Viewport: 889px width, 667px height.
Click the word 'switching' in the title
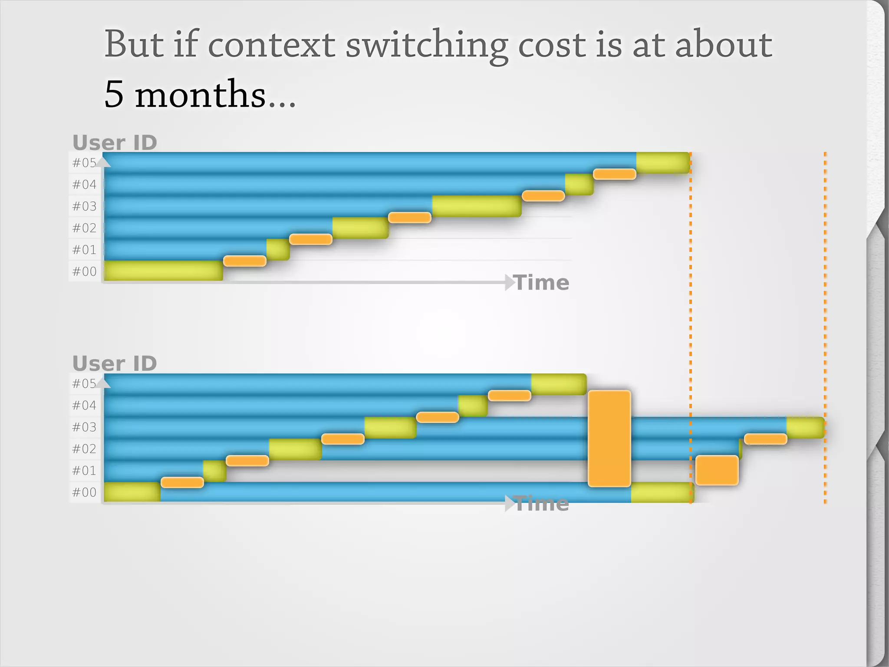427,45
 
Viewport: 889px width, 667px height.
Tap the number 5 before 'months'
114,94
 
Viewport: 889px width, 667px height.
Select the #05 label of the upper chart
84,163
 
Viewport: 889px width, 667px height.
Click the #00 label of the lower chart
84,492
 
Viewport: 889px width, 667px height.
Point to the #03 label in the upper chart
84,206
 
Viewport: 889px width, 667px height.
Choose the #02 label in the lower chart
84,449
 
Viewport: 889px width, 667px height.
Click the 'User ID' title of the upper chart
115,142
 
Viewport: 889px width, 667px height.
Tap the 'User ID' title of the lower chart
115,363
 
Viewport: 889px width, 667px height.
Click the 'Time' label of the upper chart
541,283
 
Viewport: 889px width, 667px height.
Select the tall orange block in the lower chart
609,438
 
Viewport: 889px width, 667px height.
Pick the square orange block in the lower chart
717,470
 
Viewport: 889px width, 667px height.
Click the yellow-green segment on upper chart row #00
163,271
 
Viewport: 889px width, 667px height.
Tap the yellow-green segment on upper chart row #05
662,163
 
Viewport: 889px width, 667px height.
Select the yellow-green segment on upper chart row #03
476,206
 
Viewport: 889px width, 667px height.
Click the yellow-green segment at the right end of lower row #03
805,427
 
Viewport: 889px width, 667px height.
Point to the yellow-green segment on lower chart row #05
559,384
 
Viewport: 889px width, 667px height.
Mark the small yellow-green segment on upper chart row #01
278,249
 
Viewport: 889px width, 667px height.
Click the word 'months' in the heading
200,94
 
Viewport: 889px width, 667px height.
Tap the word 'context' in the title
271,45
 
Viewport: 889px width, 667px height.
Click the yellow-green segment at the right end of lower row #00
661,492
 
